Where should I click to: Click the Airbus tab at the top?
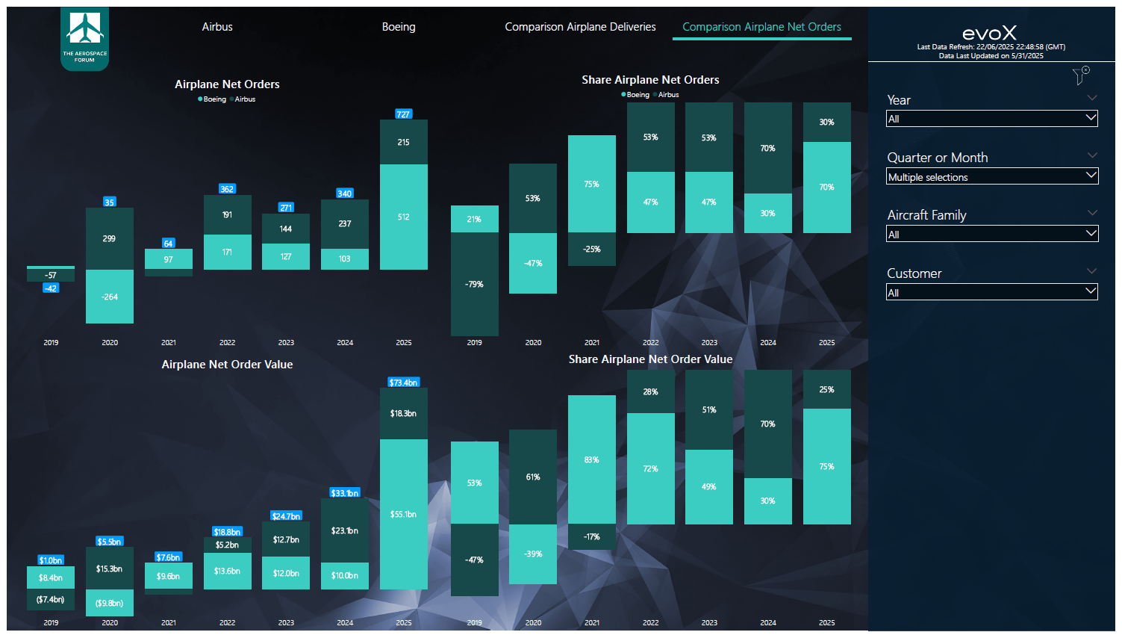pyautogui.click(x=217, y=27)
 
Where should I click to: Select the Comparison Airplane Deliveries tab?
pyautogui.click(x=580, y=27)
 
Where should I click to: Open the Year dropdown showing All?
pyautogui.click(x=991, y=119)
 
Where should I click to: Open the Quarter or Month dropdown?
pyautogui.click(x=991, y=177)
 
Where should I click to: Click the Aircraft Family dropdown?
pyautogui.click(x=991, y=235)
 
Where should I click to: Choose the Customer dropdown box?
pyautogui.click(x=991, y=293)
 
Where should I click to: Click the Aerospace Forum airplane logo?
pyautogui.click(x=85, y=34)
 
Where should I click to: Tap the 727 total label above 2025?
pyautogui.click(x=403, y=114)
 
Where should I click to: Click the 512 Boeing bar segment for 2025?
pyautogui.click(x=403, y=217)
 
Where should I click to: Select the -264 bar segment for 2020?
pyautogui.click(x=110, y=297)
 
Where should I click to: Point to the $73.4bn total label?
pyautogui.click(x=403, y=383)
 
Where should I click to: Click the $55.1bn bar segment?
pyautogui.click(x=403, y=514)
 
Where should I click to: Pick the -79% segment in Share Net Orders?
pyautogui.click(x=474, y=285)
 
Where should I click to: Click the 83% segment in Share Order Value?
pyautogui.click(x=591, y=459)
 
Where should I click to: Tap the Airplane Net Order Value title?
pyautogui.click(x=227, y=365)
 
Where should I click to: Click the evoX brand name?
pyautogui.click(x=989, y=33)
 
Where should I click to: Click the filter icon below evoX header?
pyautogui.click(x=1080, y=75)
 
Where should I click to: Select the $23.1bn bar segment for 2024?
pyautogui.click(x=344, y=531)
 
